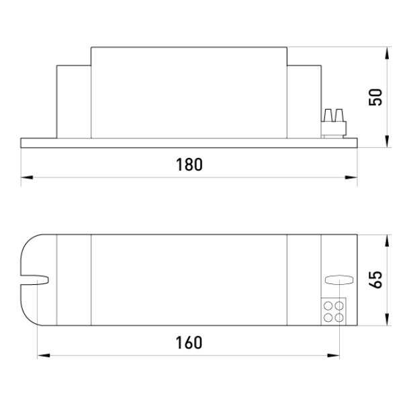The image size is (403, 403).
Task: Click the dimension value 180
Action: coord(189,165)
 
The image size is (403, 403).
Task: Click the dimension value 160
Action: coord(189,343)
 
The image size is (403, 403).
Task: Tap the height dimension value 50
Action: coord(375,97)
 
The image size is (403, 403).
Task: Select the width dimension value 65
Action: coord(375,279)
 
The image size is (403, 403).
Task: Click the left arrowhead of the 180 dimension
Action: coord(27,177)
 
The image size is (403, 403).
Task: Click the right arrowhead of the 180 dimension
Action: coord(351,177)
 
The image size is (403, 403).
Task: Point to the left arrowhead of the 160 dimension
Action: coord(44,356)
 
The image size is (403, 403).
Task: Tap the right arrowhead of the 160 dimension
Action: coord(333,356)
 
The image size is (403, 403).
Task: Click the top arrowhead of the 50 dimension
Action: coord(388,53)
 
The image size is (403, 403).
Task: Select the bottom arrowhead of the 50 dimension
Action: coord(388,141)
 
